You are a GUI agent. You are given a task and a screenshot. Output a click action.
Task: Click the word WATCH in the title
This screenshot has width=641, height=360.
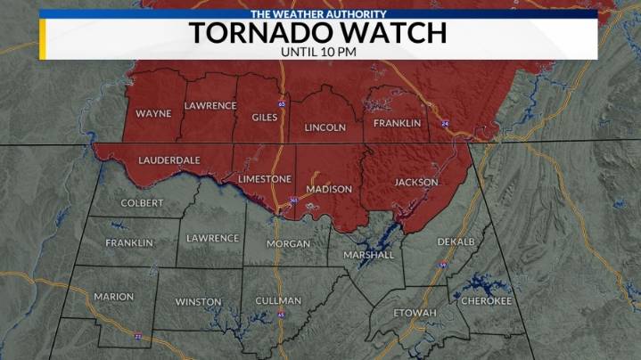[390, 33]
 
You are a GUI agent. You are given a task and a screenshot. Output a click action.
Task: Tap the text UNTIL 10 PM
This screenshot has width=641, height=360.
[318, 52]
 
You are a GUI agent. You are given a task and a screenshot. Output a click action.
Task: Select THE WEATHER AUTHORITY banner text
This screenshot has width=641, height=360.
[318, 14]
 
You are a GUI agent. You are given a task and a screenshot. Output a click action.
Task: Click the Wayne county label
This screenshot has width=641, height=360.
[153, 114]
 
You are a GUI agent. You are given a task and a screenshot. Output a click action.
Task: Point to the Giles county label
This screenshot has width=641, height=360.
[265, 116]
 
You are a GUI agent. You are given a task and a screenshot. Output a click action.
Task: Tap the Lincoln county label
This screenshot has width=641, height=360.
[325, 127]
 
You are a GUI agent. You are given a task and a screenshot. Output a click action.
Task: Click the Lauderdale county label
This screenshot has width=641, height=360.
[168, 160]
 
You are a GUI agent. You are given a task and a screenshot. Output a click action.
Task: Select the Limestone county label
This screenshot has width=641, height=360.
[265, 179]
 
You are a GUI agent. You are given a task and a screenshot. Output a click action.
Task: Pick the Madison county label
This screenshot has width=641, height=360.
[328, 189]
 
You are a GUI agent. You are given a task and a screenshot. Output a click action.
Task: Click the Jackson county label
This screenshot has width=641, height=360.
[416, 182]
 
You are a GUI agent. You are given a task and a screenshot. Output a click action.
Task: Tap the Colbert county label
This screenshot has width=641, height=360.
[142, 203]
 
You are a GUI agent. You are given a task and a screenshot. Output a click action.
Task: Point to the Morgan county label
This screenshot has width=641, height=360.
[288, 243]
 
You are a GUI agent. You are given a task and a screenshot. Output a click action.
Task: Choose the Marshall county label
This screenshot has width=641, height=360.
[368, 255]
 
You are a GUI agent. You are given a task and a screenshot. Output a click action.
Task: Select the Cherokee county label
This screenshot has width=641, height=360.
[486, 301]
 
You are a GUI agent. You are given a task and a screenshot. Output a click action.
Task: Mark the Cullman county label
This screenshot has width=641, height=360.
[277, 301]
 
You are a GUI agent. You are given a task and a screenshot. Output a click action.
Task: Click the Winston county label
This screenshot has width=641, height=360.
[198, 302]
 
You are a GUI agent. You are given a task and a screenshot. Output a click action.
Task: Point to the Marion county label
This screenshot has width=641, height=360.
[113, 297]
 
